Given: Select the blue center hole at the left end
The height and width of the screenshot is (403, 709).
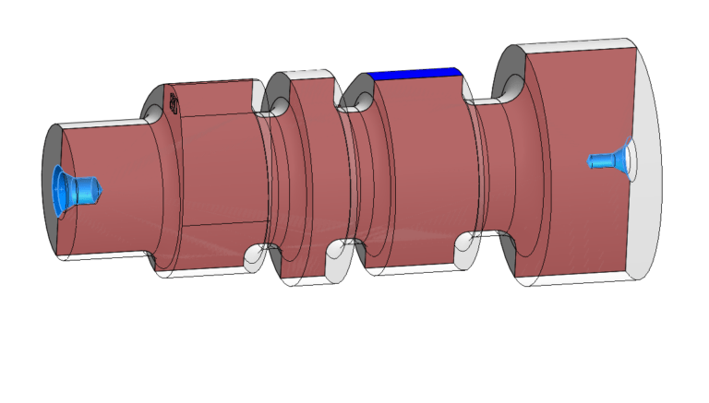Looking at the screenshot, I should point(74,188).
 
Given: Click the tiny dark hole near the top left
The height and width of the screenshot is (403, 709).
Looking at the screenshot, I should point(172,102).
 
